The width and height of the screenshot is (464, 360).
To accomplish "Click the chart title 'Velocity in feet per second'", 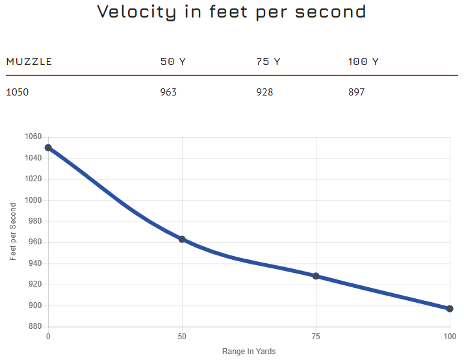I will [x=231, y=12].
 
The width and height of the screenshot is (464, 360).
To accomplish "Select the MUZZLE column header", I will [x=29, y=62].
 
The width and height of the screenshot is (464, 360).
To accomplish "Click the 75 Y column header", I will [x=268, y=62].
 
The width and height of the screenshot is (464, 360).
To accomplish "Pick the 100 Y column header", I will [x=363, y=62].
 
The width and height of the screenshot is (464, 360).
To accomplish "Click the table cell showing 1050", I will [x=18, y=92].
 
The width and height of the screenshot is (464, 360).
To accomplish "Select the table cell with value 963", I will [x=168, y=92].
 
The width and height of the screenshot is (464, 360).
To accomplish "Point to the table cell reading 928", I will [x=264, y=92].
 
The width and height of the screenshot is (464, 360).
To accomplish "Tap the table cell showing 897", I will [x=357, y=92].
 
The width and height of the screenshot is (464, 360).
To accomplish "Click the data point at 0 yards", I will [x=48, y=148].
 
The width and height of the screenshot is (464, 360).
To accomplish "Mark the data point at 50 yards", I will [x=182, y=239].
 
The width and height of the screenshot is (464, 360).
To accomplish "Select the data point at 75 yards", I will [x=316, y=276].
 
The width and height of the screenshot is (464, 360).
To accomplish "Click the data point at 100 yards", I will [x=450, y=309].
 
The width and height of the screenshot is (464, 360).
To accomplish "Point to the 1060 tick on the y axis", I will [x=33, y=137].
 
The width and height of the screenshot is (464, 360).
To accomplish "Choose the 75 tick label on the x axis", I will [x=316, y=337].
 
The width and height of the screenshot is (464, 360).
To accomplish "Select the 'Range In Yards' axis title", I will [x=249, y=352].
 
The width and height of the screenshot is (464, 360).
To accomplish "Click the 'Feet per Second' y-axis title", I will [x=13, y=232].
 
